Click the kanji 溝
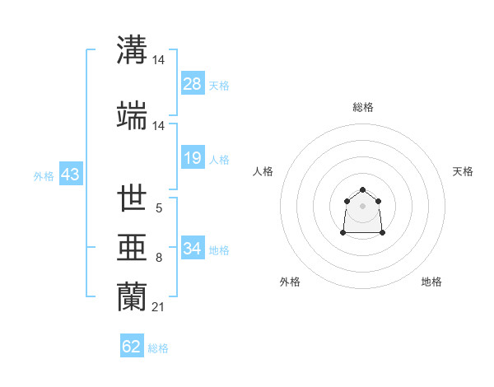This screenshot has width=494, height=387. coord(133,50)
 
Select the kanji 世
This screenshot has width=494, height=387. coord(133,199)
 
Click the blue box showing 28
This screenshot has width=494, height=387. coord(193,84)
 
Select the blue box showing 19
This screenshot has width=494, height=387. coord(193,158)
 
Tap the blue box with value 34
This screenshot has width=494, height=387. coord(193,249)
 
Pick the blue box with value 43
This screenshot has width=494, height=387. coord(70,175)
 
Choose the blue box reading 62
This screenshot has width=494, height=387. coord(132,347)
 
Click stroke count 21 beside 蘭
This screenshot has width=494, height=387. coord(159,307)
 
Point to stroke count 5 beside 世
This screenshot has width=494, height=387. coord(158,209)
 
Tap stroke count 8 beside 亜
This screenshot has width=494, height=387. coord(158,258)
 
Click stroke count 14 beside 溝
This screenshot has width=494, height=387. coord(159,60)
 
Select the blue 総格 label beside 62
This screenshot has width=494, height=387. coord(158,348)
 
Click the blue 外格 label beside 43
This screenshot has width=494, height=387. coord(44,175)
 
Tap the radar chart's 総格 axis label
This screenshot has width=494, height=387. coord(363,107)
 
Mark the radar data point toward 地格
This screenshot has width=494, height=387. coord(383,233)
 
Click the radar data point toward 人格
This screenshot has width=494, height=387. coord(347,201)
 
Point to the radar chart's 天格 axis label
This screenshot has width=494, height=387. coord(463,171)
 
